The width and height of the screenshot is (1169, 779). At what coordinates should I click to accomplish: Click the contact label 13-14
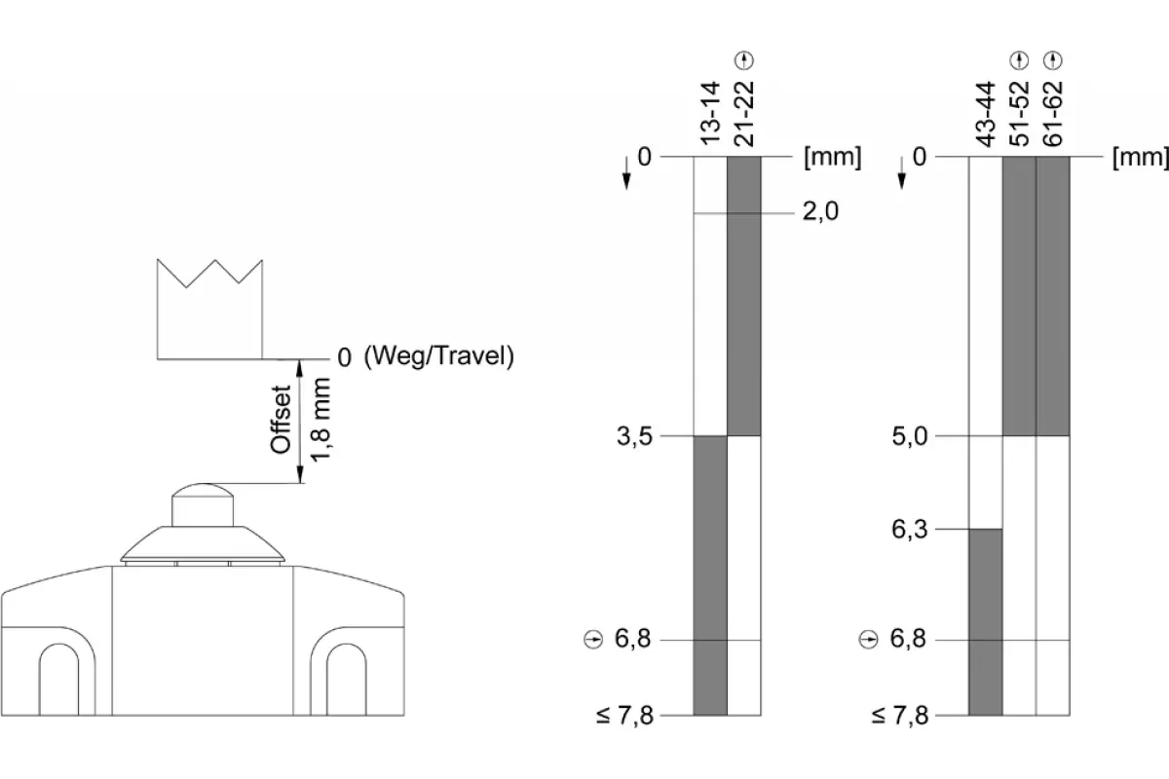710,113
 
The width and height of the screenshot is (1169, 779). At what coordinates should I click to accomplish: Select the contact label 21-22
744,113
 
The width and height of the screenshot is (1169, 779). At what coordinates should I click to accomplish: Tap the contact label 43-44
986,114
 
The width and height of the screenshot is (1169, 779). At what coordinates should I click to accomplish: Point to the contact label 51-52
1019,113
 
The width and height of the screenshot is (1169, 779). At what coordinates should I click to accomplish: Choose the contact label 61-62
1053,113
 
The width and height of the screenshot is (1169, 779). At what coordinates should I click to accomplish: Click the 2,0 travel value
820,212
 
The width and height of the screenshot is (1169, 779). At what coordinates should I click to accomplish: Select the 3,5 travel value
634,436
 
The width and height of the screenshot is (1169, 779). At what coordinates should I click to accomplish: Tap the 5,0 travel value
910,436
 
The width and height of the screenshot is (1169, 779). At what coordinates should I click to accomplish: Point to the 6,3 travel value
910,530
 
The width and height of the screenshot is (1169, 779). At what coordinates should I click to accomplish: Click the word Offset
281,420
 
